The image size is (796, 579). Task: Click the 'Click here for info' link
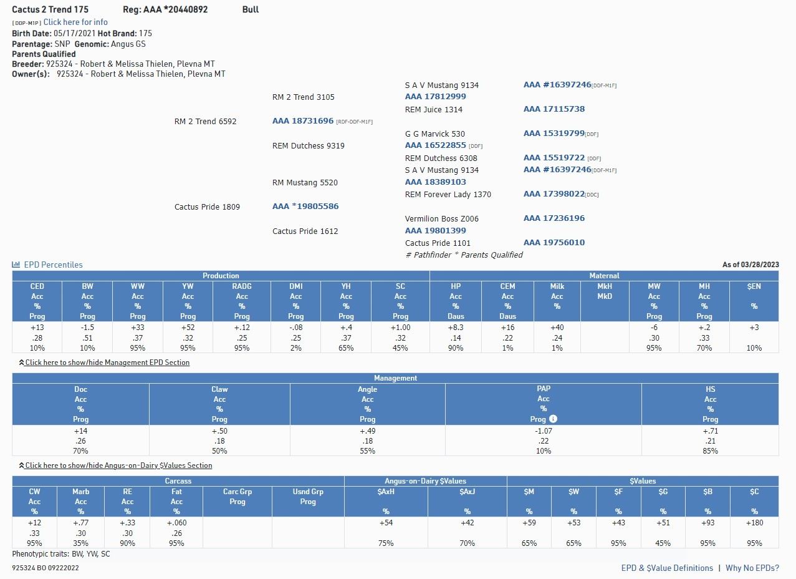[75, 22]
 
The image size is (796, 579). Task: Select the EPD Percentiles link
[53, 265]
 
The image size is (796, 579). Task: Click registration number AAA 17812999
[435, 97]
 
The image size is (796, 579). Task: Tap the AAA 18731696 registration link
[303, 121]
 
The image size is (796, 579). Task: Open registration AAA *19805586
[305, 207]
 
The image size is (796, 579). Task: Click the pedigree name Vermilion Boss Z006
[442, 218]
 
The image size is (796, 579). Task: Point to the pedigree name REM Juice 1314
[433, 109]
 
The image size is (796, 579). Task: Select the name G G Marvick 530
[434, 134]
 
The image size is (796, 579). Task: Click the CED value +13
[37, 328]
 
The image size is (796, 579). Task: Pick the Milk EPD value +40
[557, 328]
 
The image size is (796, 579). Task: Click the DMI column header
[295, 286]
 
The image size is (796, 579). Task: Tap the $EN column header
[754, 286]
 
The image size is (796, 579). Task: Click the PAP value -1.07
[543, 431]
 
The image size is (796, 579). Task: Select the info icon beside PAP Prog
[553, 419]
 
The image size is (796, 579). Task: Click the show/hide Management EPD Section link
[107, 362]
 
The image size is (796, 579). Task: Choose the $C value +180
[754, 523]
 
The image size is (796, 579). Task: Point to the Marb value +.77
[80, 523]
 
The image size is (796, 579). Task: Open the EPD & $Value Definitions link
[667, 568]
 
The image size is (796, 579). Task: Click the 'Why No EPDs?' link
[752, 568]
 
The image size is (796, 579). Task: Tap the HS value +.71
[710, 431]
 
